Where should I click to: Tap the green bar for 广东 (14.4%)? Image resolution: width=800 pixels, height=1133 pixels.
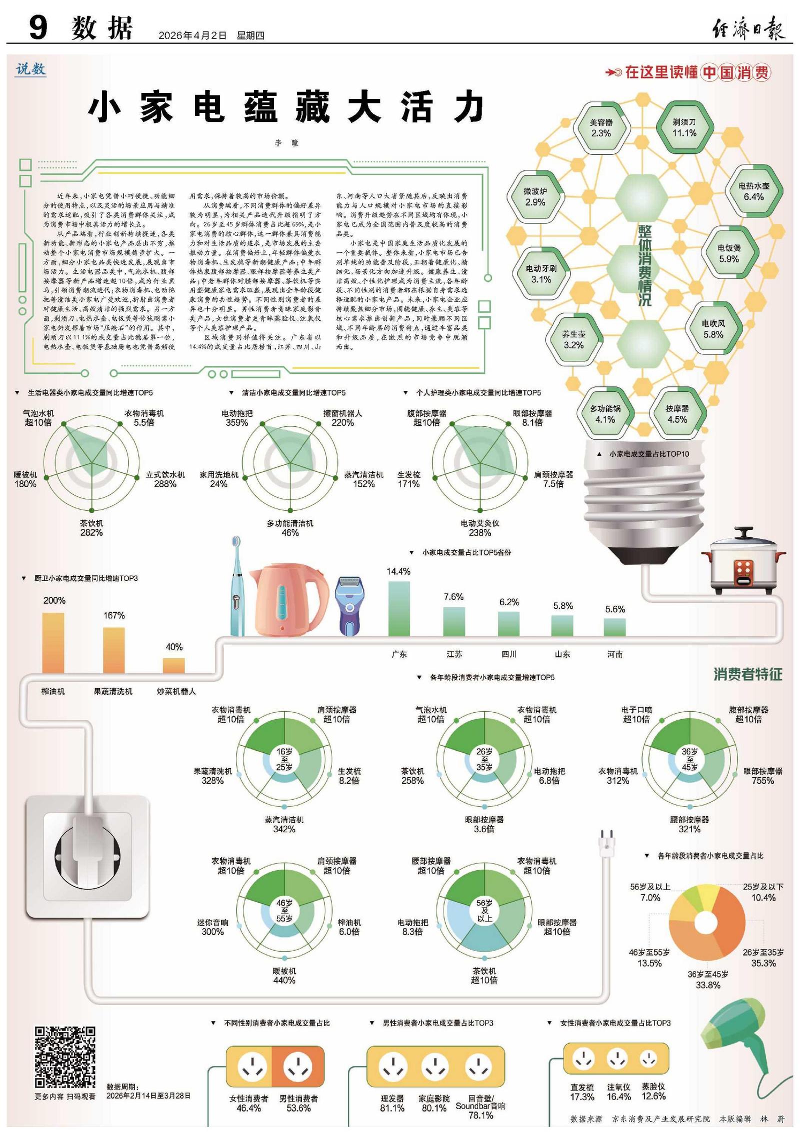(x=398, y=608)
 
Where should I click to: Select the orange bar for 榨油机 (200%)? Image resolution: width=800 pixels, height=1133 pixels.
(x=53, y=643)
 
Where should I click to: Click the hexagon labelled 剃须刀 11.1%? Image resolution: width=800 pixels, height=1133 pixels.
(x=684, y=127)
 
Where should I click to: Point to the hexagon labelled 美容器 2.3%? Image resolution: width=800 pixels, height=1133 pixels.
(x=600, y=127)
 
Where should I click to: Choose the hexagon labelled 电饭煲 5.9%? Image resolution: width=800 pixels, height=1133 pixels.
(x=729, y=253)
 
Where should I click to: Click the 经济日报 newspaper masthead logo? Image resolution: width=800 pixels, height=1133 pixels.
(x=748, y=28)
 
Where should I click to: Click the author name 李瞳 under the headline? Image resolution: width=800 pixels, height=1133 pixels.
(x=286, y=143)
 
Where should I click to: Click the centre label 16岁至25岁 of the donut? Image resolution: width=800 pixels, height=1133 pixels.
(x=284, y=760)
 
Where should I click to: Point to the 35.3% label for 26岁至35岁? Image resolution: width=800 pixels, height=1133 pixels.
(x=763, y=963)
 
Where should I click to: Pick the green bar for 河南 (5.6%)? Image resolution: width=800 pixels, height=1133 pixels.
(x=614, y=627)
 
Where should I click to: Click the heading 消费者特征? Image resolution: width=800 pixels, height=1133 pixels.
(x=747, y=674)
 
